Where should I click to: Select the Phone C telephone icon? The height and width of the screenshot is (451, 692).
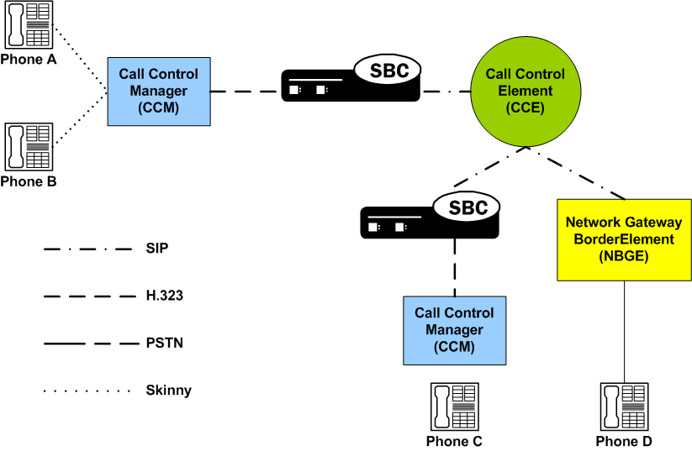tap(455, 406)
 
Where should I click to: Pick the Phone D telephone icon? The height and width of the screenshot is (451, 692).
tap(625, 406)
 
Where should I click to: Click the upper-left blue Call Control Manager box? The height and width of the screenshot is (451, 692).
tap(158, 92)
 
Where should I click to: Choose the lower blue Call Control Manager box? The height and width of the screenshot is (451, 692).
tap(455, 330)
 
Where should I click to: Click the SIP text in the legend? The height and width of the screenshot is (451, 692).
tap(157, 249)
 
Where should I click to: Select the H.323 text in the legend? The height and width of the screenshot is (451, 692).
tap(163, 296)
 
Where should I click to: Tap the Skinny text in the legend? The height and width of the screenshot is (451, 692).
tap(168, 391)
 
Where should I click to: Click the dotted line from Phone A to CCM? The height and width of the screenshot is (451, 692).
tap(80, 61)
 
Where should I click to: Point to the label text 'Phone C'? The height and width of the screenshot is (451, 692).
tap(455, 441)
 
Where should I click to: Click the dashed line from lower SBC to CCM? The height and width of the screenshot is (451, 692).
tap(455, 268)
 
